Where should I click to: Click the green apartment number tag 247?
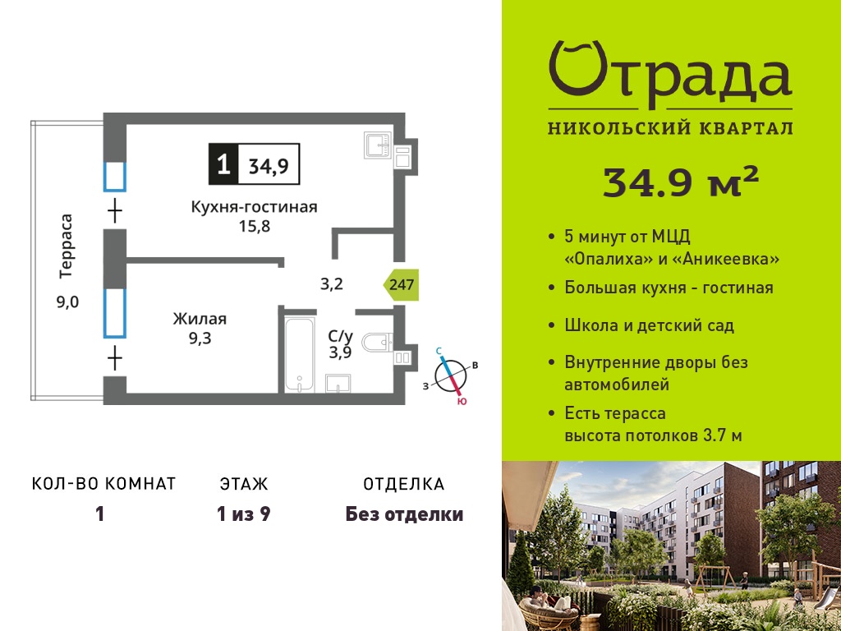(x=401, y=283)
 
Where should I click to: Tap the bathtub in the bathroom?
(x=299, y=355)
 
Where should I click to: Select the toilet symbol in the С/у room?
(x=378, y=343)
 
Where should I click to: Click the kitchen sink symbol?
(x=379, y=145)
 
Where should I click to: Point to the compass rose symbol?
(x=451, y=375)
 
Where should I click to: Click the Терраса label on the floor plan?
(x=66, y=246)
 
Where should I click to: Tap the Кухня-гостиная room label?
(x=255, y=206)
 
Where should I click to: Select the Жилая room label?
(x=200, y=319)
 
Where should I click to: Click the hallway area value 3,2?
(x=332, y=283)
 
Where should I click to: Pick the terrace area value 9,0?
(x=67, y=302)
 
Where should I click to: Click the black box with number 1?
(x=223, y=164)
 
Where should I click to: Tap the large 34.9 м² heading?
(x=681, y=182)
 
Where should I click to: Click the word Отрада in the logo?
(x=670, y=74)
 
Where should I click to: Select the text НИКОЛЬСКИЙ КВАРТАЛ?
(x=670, y=127)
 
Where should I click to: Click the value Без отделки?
(x=404, y=514)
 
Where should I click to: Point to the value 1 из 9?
(x=243, y=514)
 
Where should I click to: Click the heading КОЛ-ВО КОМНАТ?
(x=104, y=484)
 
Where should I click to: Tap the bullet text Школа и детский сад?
(x=650, y=325)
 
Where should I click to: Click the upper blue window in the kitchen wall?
(x=114, y=176)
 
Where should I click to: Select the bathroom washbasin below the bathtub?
(x=338, y=383)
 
